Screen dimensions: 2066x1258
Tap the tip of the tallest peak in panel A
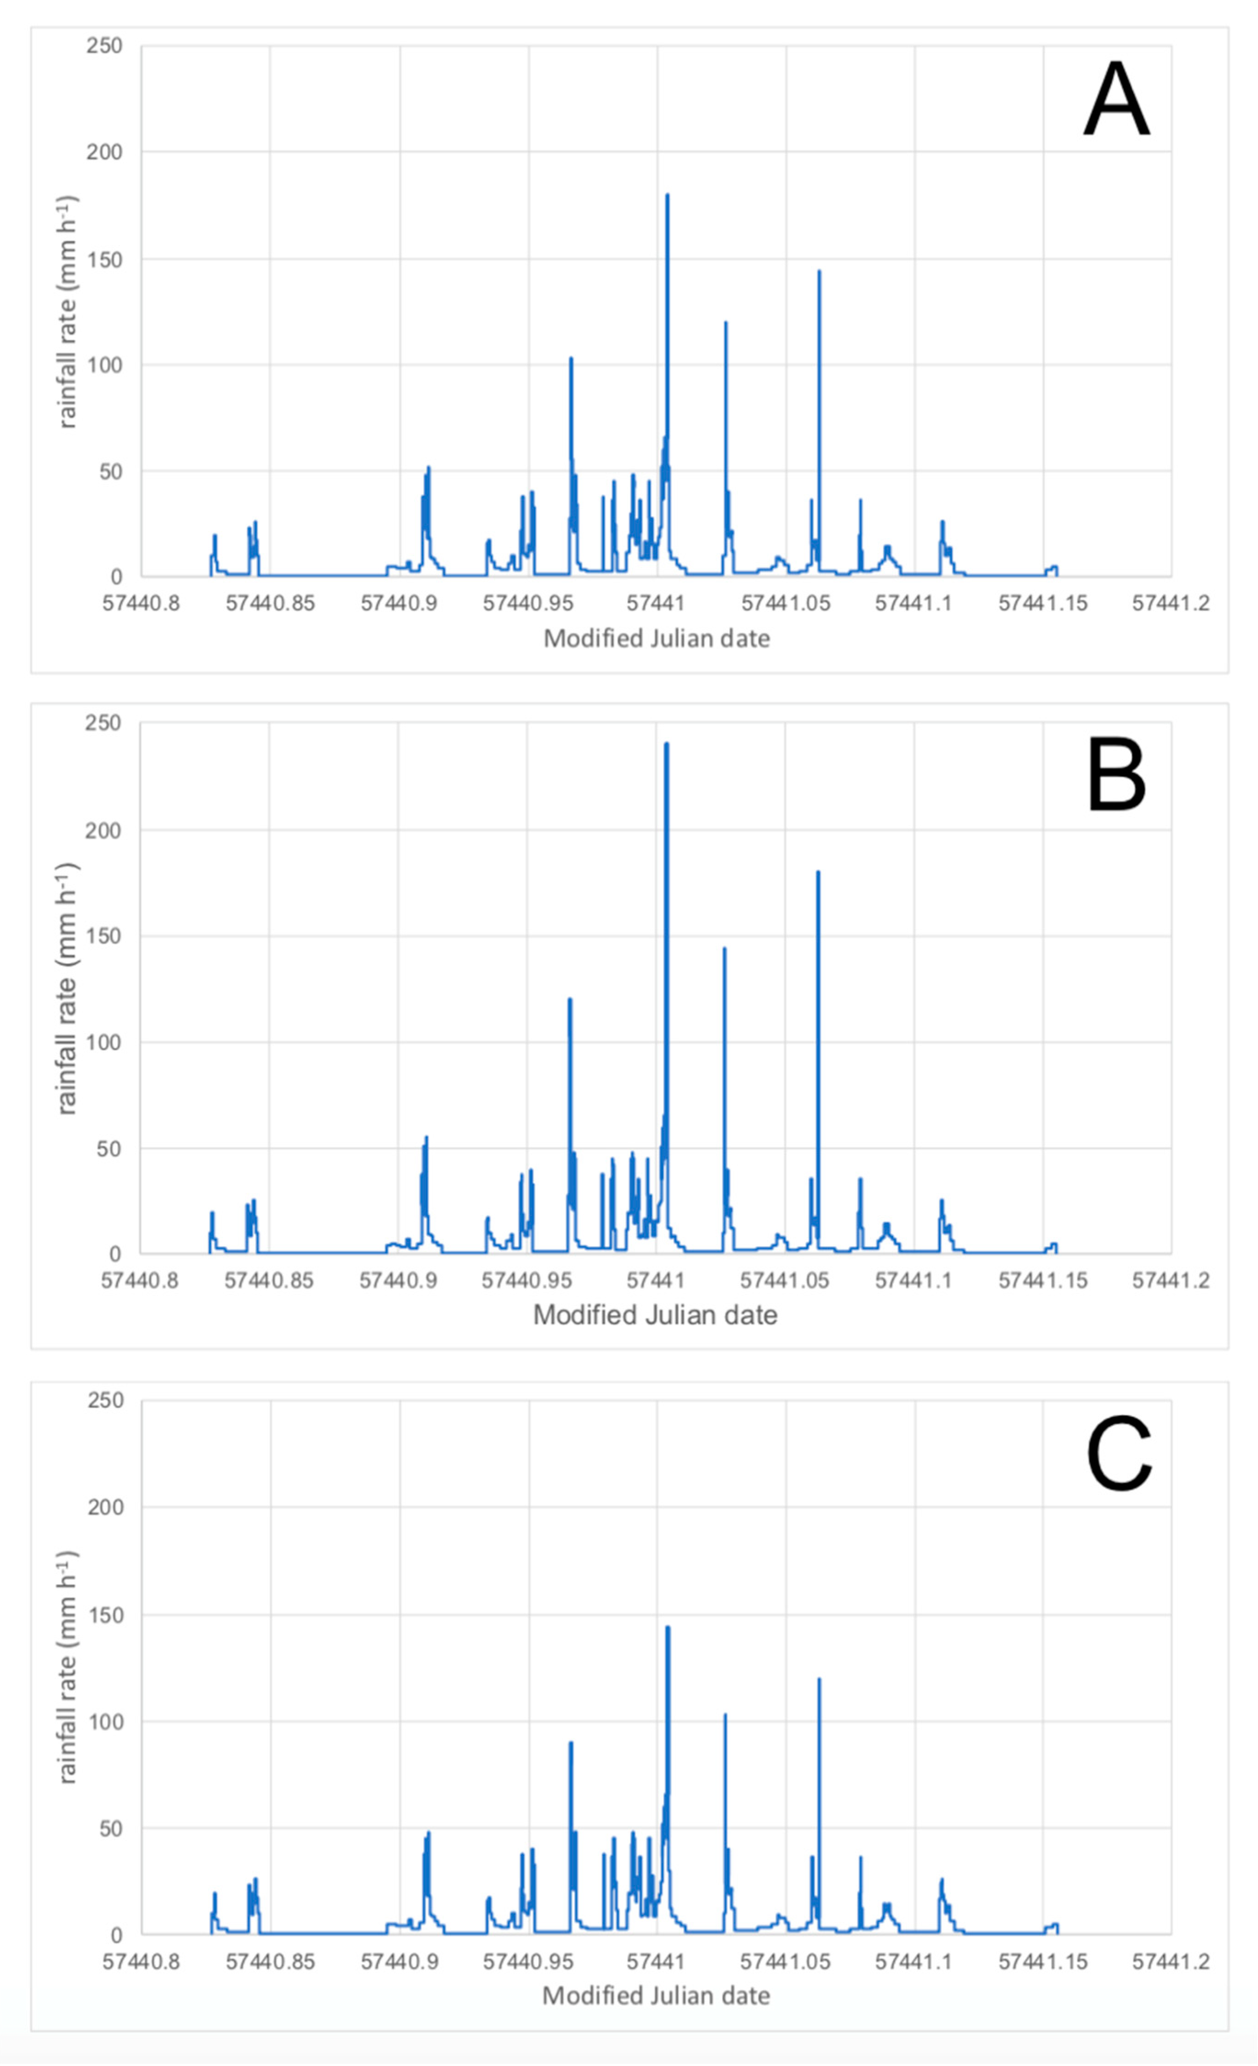click(x=667, y=194)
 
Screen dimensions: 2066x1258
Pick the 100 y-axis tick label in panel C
click(x=105, y=1721)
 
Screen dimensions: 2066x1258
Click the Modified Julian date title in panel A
click(x=656, y=639)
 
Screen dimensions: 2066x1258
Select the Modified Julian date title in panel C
click(x=656, y=1996)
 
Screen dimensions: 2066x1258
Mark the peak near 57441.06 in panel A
click(x=819, y=271)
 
